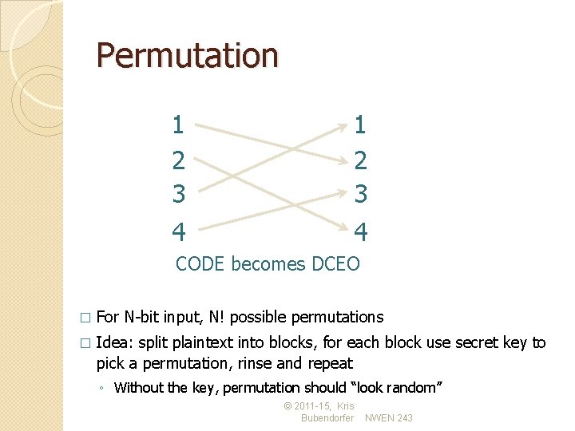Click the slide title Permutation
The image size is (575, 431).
(x=187, y=56)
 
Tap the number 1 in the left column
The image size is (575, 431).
(x=178, y=125)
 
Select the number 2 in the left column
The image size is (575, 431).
(x=178, y=161)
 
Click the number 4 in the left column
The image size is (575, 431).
(x=178, y=232)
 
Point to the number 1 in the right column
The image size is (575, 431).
(x=360, y=125)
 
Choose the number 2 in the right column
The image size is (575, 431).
(x=360, y=161)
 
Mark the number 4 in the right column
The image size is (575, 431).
(x=360, y=232)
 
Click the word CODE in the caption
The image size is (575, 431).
(x=200, y=263)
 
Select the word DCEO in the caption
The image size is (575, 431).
(x=336, y=263)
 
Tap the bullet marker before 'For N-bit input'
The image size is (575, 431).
(x=85, y=318)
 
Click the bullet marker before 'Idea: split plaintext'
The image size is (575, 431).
(x=85, y=344)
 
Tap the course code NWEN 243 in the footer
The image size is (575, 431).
(x=389, y=418)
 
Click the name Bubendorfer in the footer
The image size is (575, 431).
(x=327, y=418)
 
